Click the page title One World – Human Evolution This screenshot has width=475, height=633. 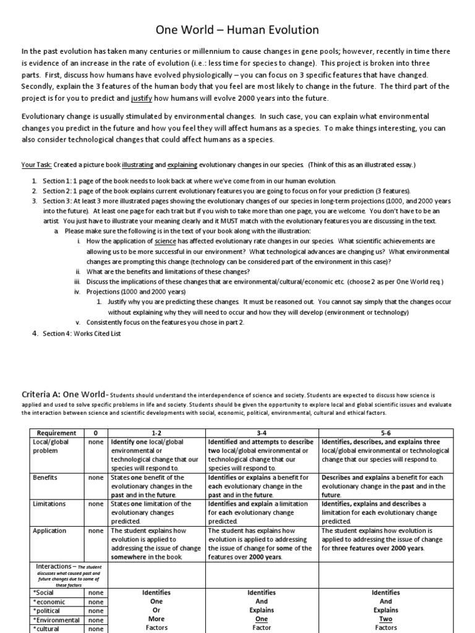tap(237, 29)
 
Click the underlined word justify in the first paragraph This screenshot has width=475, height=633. tap(142, 98)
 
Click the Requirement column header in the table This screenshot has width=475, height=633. tap(56, 433)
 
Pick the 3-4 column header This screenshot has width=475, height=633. tap(262, 433)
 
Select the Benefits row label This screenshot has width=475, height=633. tap(46, 478)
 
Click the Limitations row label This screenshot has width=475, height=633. tap(50, 504)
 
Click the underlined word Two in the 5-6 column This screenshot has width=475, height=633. tap(386, 619)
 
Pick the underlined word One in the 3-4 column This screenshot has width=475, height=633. tap(262, 619)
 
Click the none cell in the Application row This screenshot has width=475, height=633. tap(96, 530)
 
